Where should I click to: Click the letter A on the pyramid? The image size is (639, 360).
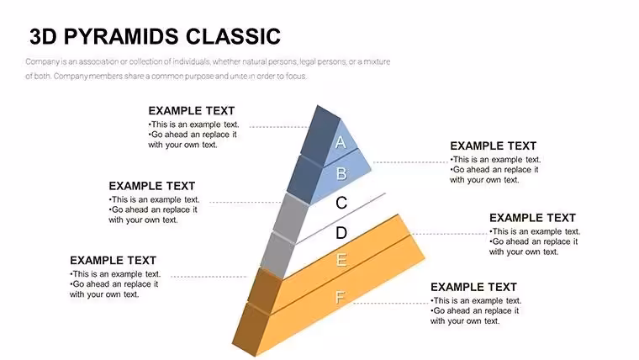pos(341,142)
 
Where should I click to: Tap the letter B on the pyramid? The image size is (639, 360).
pos(341,173)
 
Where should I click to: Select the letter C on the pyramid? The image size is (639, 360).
pos(341,203)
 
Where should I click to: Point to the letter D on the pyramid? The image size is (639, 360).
pos(341,233)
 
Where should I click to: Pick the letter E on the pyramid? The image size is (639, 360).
pos(341,260)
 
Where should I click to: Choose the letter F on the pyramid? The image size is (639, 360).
pos(340,297)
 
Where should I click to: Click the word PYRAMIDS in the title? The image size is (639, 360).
pos(121,36)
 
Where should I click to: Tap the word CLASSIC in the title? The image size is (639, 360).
pos(233,36)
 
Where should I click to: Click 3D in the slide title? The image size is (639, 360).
pos(43,36)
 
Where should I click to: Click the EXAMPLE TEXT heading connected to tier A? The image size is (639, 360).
pos(191,111)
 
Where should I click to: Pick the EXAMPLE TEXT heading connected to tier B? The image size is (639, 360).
pos(493,146)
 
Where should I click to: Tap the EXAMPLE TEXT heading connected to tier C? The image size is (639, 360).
pos(151,186)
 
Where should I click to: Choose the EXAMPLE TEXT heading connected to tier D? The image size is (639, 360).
pos(532,218)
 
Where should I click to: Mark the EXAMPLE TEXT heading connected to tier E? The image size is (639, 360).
pos(113,261)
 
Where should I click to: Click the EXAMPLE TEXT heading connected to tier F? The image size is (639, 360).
pos(473,287)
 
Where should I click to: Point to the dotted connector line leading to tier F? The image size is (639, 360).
pos(390,304)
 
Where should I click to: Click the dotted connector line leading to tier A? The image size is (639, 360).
pos(279,127)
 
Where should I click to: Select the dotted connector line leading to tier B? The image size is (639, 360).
pos(410,162)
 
